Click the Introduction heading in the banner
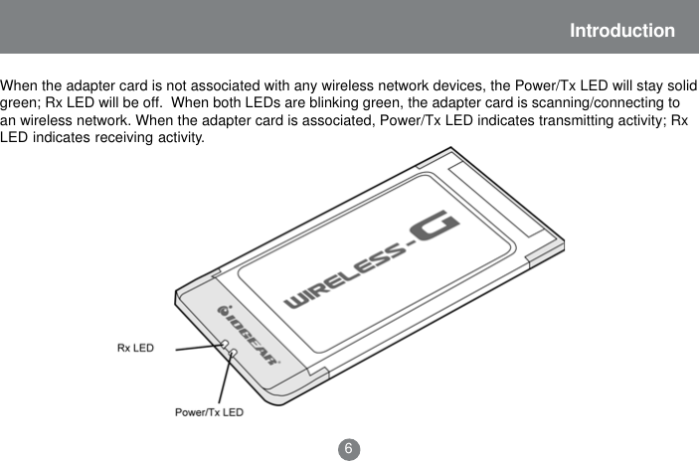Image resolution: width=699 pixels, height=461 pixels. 621,31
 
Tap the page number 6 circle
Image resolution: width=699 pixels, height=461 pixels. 349,448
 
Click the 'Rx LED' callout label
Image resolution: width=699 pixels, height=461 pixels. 135,349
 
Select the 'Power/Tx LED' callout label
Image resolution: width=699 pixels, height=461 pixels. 209,410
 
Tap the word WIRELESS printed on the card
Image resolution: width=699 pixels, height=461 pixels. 343,280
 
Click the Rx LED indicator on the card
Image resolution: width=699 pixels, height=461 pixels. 226,345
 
